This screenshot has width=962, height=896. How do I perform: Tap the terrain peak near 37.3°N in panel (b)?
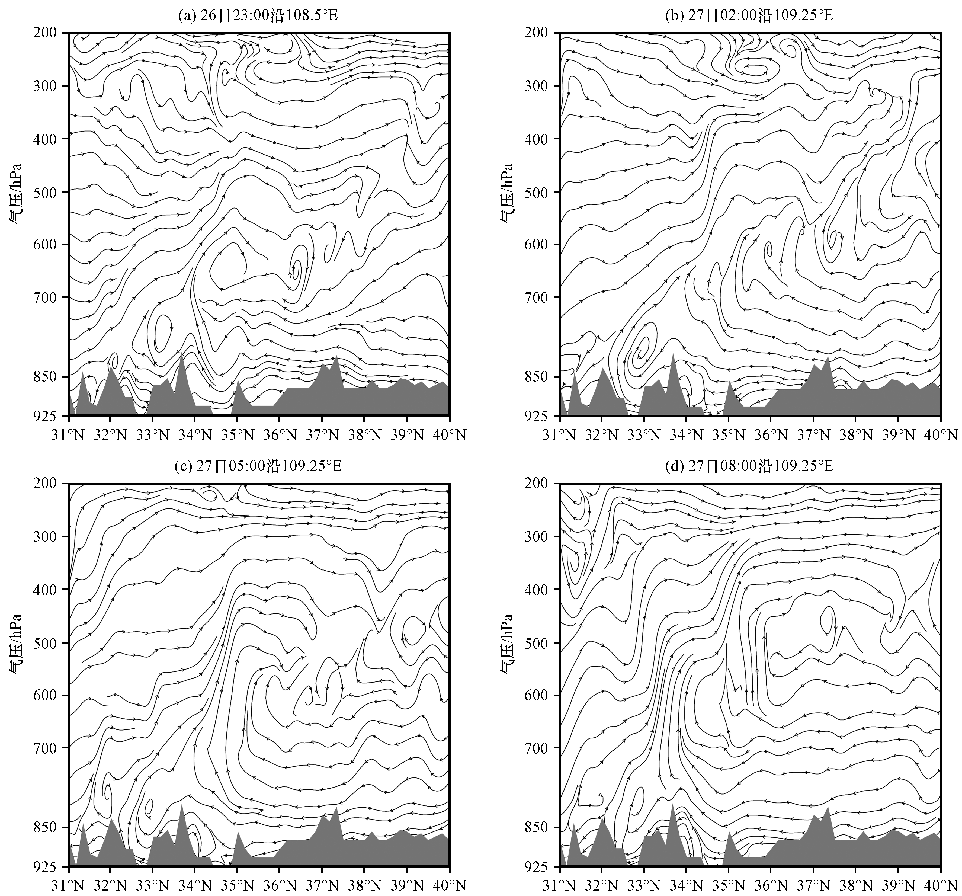(828, 357)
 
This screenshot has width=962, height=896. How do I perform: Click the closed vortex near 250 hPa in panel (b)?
(756, 68)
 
